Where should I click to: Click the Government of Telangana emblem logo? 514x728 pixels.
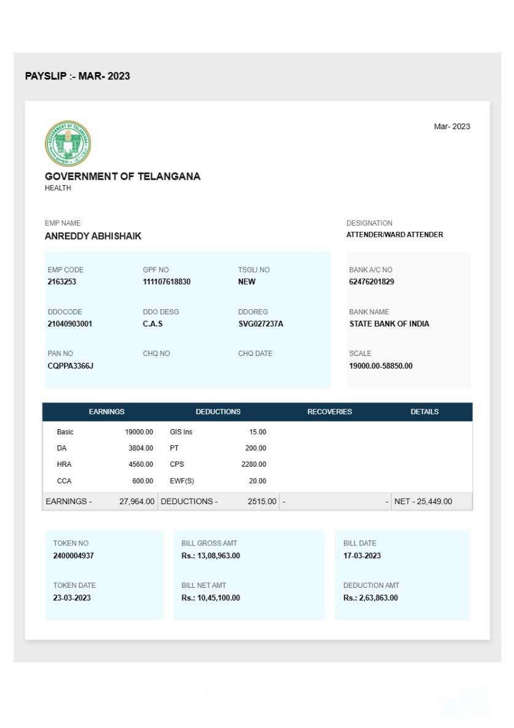(68, 143)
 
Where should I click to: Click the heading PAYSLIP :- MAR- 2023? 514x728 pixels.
(77, 76)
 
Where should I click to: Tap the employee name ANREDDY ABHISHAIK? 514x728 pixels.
(93, 236)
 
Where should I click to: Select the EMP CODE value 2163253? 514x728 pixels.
(62, 282)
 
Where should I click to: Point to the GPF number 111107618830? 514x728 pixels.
(166, 282)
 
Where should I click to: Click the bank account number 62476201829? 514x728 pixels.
(372, 282)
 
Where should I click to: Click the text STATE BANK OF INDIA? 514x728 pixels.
(389, 324)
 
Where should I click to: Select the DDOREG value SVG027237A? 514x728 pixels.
(260, 324)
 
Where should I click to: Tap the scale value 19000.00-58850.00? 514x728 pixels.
(381, 366)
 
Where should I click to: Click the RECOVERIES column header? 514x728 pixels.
(330, 412)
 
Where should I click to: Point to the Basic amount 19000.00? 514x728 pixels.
(139, 432)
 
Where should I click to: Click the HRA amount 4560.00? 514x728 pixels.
(141, 465)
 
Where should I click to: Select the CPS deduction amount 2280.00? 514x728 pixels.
(254, 465)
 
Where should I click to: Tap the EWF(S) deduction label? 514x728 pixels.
(182, 481)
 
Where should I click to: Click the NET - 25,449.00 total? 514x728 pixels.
(423, 502)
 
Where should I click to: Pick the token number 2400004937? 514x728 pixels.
(74, 556)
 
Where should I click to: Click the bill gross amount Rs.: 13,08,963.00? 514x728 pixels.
(211, 556)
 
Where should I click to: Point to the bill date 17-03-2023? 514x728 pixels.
(362, 556)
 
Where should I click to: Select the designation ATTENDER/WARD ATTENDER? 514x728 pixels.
(394, 235)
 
